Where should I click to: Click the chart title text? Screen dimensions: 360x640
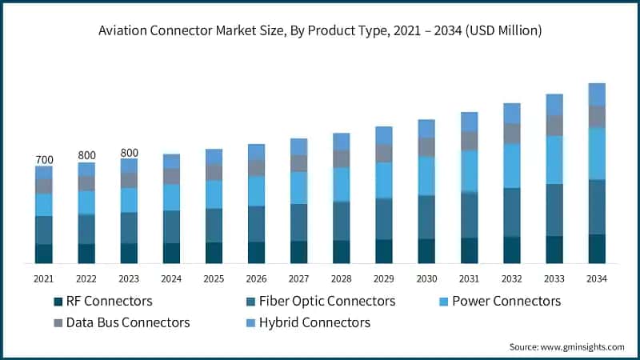click(320, 31)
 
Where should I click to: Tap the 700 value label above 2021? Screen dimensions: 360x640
click(44, 160)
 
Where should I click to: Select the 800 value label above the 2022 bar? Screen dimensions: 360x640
click(86, 155)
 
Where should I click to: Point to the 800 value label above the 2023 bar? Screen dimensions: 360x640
click(129, 152)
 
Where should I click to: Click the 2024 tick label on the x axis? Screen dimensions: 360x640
click(171, 278)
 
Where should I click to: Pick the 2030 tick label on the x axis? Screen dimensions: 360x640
click(426, 278)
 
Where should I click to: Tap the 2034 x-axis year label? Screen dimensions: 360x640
click(597, 278)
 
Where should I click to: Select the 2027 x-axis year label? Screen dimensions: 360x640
click(299, 278)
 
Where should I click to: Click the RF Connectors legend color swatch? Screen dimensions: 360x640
click(58, 302)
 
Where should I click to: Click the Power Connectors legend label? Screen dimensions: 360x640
click(506, 302)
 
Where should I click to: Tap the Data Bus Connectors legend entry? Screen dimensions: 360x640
click(127, 322)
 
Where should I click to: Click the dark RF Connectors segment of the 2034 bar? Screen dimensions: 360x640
click(597, 249)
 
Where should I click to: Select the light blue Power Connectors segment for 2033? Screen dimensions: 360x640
click(554, 160)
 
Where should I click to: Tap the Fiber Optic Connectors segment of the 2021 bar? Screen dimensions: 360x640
click(44, 230)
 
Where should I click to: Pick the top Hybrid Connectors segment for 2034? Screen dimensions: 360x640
click(597, 94)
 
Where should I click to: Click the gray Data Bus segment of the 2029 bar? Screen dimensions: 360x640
click(384, 153)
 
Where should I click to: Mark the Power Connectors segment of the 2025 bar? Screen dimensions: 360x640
click(214, 194)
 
